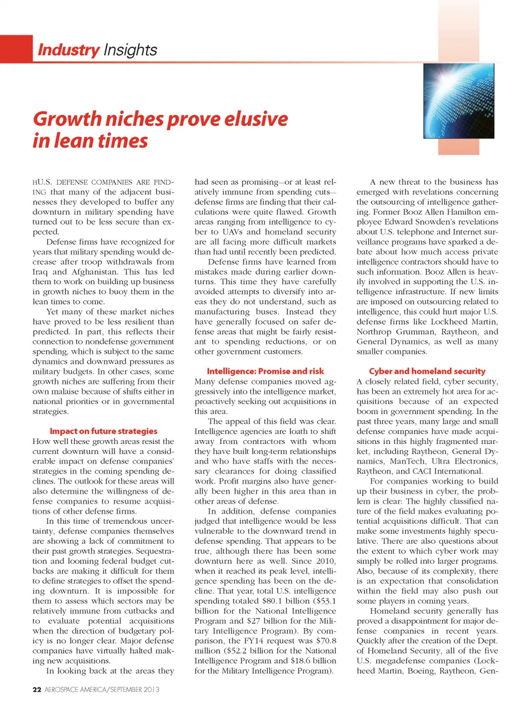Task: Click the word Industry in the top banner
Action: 69,50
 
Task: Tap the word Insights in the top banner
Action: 130,50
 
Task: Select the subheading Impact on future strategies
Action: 103,431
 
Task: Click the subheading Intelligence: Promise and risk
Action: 265,371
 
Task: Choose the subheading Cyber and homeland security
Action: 427,371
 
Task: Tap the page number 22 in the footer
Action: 37,689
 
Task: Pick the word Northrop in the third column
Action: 373,332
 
